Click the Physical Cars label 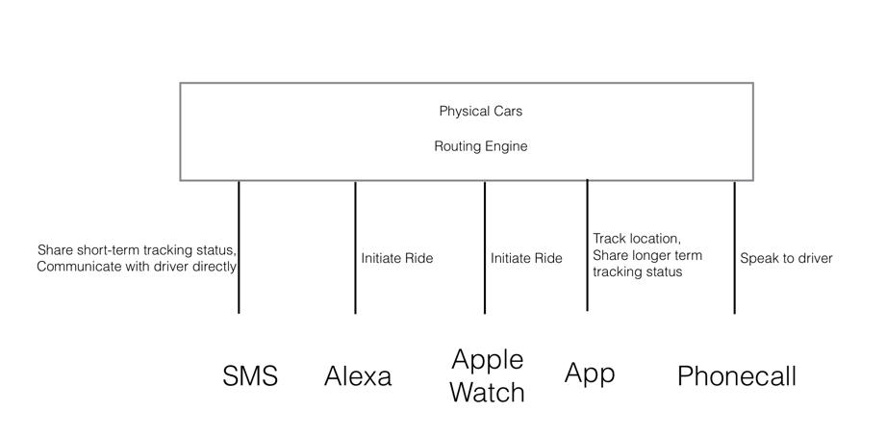coord(481,112)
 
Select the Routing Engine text coord(481,146)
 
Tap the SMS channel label coord(250,375)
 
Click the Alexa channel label coord(358,375)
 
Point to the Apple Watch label coord(488,375)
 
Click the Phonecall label coord(737,375)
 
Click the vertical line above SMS coord(239,247)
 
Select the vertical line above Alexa coord(355,247)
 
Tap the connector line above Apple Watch coord(484,247)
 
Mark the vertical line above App coord(587,245)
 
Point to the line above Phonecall coord(735,247)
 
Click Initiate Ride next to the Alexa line coord(397,258)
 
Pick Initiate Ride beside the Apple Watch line coord(526,258)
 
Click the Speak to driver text coord(787,259)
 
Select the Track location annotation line coord(636,239)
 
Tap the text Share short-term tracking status coord(137,249)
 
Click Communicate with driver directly coord(137,267)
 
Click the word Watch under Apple coord(488,392)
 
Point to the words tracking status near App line coord(638,271)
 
